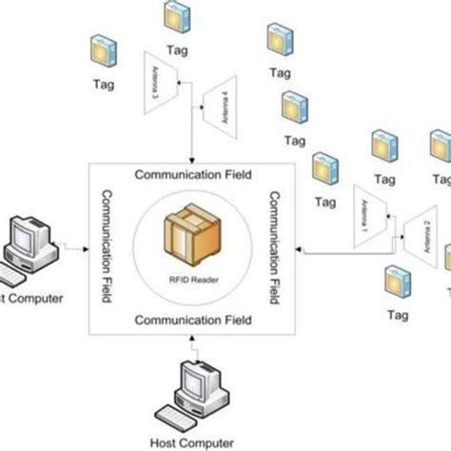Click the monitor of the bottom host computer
pos(197,383)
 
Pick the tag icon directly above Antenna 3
pos(174,15)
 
